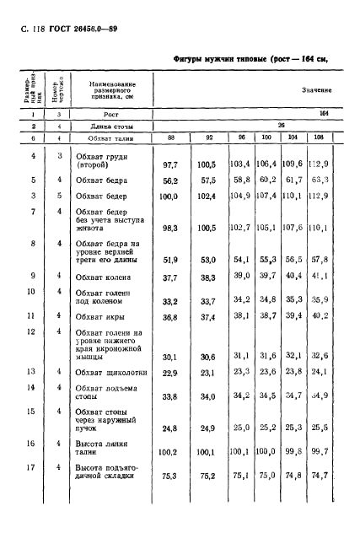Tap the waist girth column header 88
pyautogui.click(x=171, y=137)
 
